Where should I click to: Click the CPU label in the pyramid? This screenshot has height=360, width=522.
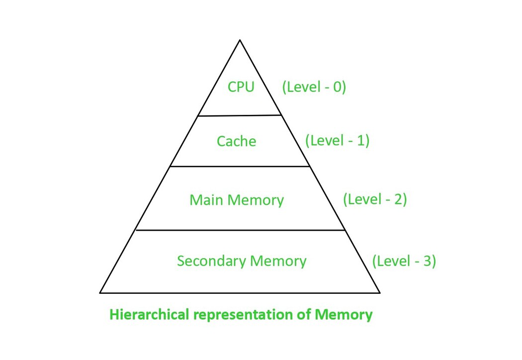(241, 87)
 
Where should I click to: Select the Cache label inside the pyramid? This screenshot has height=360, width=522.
(237, 141)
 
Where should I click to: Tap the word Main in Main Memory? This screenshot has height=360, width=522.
(205, 200)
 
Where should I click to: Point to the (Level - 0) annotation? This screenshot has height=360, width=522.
(314, 87)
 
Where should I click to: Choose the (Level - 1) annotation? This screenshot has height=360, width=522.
(338, 140)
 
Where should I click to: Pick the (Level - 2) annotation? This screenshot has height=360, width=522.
(375, 199)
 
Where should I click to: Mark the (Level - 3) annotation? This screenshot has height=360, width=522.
(404, 261)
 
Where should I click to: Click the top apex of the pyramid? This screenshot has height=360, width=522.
(240, 40)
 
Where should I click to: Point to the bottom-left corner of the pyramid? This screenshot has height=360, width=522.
(100, 292)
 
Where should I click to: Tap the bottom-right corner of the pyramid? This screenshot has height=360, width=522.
(380, 292)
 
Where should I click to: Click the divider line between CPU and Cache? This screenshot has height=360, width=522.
(240, 115)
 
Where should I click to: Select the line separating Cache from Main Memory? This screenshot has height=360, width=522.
(240, 167)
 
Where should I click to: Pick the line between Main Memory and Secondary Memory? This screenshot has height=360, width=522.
(240, 230)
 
